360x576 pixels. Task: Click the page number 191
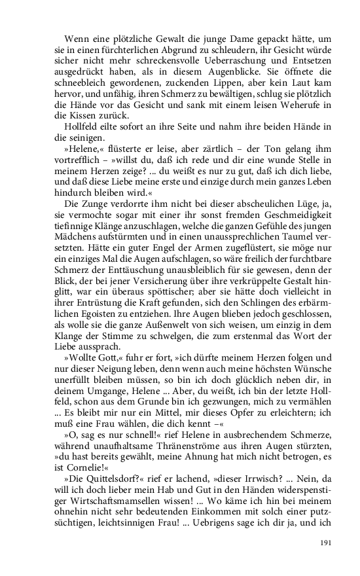pyautogui.click(x=327, y=543)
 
